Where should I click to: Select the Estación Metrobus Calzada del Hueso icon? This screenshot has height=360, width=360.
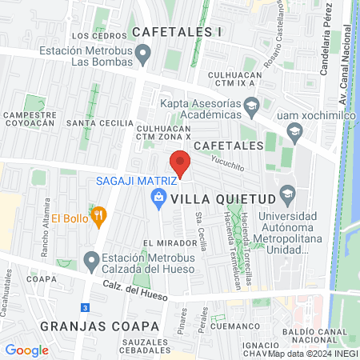pos(92,261)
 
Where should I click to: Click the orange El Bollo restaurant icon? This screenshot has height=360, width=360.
pos(99,215)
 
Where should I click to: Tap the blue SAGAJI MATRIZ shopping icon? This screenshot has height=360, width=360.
pos(158,197)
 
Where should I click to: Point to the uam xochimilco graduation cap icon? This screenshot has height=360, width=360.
pos(294,130)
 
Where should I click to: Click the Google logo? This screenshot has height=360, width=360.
pos(26,350)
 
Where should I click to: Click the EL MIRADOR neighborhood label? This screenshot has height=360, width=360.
pos(170,242)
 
